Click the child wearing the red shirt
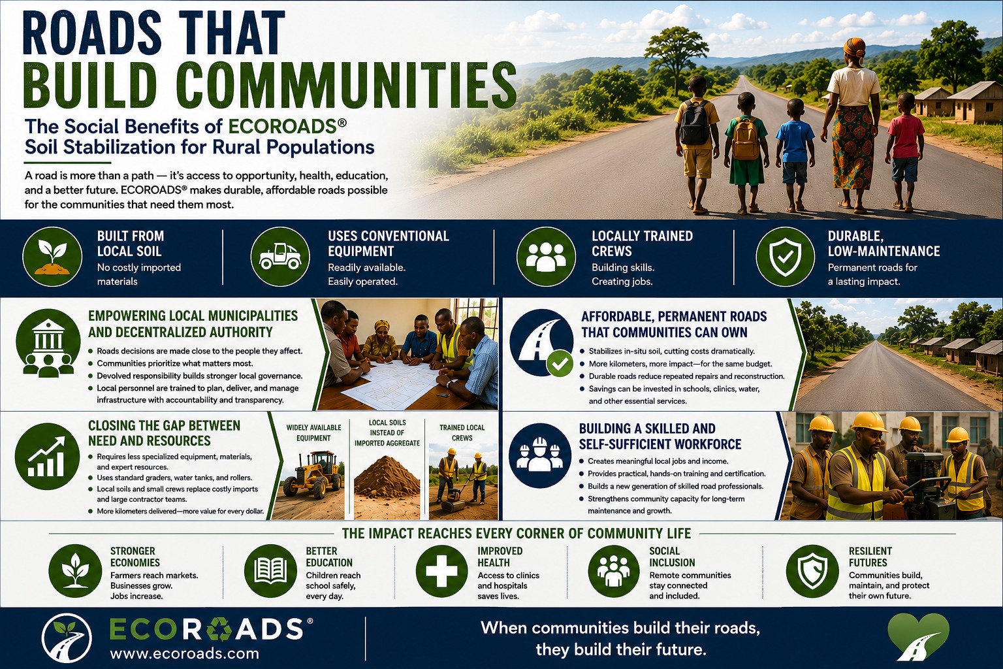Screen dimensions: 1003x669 (x=905, y=152)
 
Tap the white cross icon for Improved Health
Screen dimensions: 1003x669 (x=442, y=571)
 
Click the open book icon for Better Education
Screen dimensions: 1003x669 (x=270, y=571)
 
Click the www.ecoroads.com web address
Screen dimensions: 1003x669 (x=185, y=653)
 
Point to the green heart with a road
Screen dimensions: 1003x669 (x=918, y=643)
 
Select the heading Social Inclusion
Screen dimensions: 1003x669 (x=672, y=557)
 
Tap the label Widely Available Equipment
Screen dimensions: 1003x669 (x=313, y=433)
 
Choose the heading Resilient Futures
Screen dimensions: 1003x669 (x=870, y=557)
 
